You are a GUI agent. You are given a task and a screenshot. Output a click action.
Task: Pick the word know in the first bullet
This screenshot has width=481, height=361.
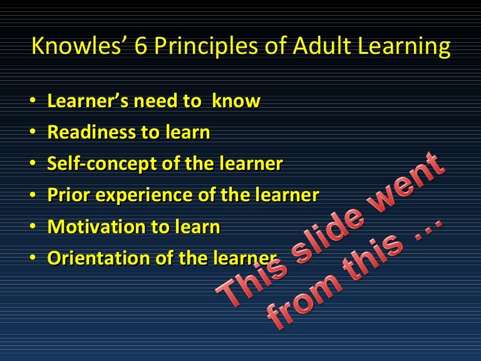coord(236,102)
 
